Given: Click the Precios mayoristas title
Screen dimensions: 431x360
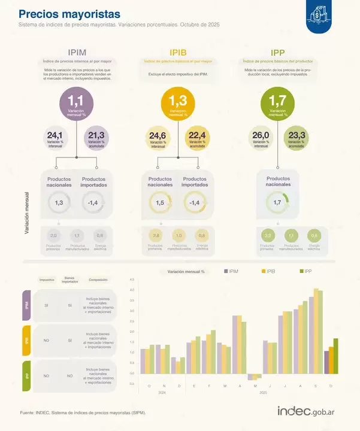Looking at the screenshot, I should [69, 14].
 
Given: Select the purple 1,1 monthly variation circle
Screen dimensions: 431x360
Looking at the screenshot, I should [76, 105].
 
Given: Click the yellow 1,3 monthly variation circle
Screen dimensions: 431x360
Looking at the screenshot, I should [178, 105].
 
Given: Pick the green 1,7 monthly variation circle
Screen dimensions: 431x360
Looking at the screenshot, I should [277, 105].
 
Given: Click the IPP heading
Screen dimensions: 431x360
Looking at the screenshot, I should [278, 52].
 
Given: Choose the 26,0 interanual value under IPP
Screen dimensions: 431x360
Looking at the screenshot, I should [261, 138].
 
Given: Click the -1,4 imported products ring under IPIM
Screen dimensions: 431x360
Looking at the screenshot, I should [93, 204].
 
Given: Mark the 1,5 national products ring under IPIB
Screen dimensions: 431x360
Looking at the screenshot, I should [159, 204].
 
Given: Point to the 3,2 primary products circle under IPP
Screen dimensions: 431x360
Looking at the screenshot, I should [268, 236].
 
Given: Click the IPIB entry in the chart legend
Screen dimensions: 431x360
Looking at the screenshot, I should [267, 271].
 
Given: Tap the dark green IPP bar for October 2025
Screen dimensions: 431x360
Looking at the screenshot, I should [335, 356].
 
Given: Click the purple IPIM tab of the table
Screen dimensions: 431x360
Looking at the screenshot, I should [26, 305].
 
